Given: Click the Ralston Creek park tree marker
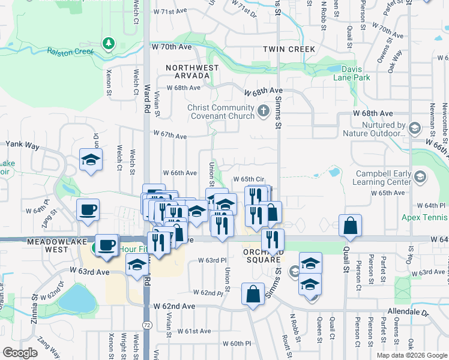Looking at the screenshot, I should (x=108, y=43).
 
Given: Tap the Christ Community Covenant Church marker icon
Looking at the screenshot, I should (x=263, y=110).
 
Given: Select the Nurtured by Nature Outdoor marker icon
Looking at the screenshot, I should (x=414, y=127).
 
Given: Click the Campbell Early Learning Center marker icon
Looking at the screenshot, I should (x=420, y=176).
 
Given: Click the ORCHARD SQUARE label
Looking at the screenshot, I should (x=263, y=256).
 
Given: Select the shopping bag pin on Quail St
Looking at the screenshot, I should (x=350, y=226).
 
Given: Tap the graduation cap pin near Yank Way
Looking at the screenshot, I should (x=91, y=160).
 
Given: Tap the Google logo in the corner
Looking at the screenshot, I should (x=20, y=353).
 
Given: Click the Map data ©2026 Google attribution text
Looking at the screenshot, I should (x=411, y=355).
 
